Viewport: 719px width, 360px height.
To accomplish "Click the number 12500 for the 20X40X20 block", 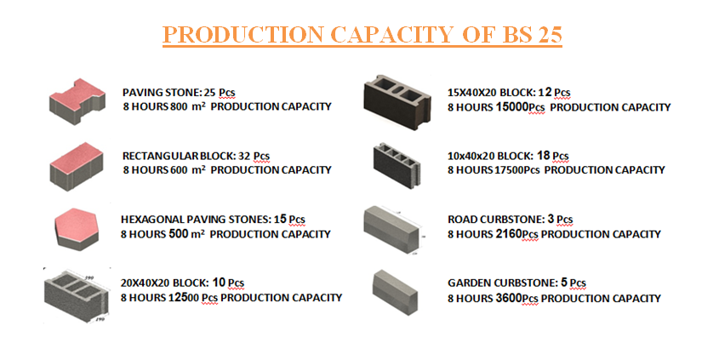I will (181, 298).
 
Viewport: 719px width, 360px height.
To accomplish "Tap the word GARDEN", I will (467, 283).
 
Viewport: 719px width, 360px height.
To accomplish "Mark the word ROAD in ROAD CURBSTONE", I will (462, 220).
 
